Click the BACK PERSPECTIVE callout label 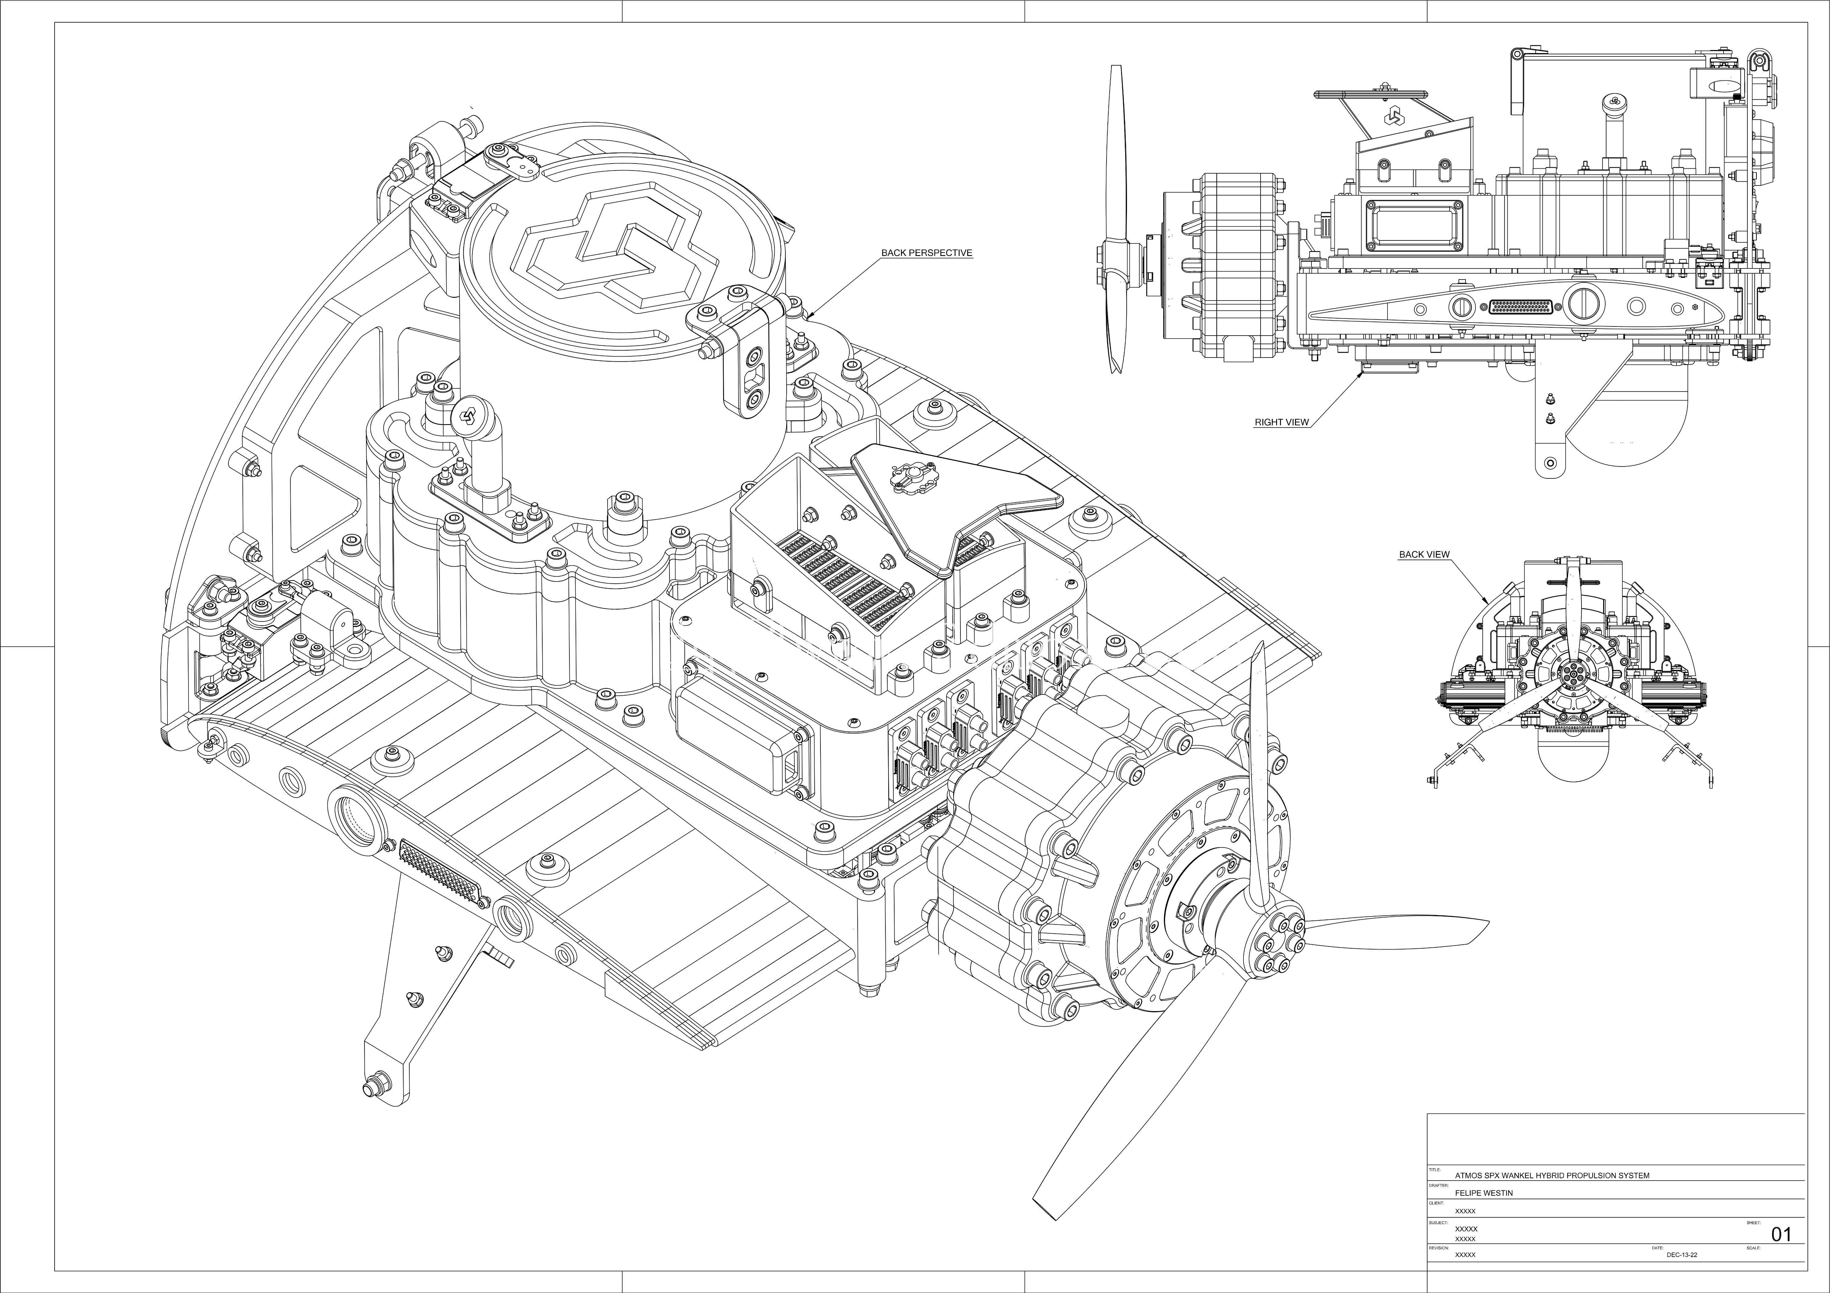[x=926, y=253]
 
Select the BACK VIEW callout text [x=1424, y=554]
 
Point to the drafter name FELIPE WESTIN [x=1483, y=1193]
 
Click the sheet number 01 [x=1781, y=1235]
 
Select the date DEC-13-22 [x=1682, y=1255]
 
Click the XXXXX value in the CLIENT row [x=1465, y=1211]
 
